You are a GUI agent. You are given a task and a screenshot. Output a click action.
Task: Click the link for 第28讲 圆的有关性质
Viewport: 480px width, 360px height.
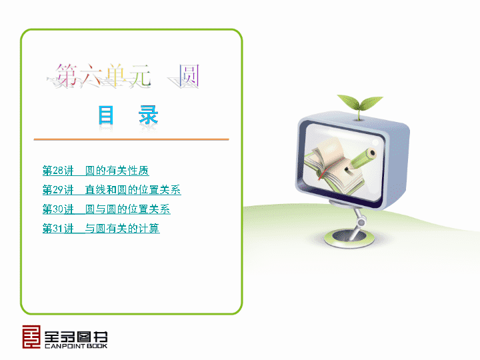[96, 171]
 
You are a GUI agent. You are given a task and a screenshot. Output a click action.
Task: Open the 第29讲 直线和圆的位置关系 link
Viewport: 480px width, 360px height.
[112, 190]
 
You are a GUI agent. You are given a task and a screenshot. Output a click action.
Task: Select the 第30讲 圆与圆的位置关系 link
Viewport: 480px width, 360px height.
[107, 209]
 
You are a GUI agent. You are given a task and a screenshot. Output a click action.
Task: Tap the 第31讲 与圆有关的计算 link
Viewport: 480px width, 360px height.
[101, 229]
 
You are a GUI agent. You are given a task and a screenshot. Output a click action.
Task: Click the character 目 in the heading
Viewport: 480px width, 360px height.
[106, 115]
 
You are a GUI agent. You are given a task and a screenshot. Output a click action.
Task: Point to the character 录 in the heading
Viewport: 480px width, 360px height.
[149, 115]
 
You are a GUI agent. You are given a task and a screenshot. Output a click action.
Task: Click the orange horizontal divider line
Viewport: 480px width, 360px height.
[131, 139]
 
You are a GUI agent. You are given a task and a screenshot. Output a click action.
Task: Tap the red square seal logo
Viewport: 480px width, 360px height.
[31, 337]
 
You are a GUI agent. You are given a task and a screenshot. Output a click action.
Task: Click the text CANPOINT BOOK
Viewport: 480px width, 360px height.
[76, 346]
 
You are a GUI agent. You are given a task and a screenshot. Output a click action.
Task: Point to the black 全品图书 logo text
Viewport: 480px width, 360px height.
[76, 337]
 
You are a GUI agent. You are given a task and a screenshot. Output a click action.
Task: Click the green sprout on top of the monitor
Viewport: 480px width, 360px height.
[360, 104]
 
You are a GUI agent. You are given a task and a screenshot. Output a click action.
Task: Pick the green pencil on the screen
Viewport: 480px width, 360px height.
[361, 159]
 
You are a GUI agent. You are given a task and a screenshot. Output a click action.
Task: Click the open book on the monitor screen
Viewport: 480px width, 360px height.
[334, 167]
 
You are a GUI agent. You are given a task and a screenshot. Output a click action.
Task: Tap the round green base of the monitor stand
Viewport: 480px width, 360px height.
[349, 238]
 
